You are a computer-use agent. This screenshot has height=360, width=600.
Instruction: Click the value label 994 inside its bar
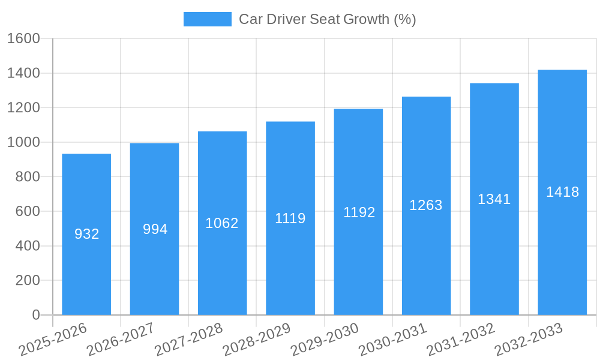155,229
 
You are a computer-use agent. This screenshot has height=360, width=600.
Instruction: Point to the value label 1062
222,223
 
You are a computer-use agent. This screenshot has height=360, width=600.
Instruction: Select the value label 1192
359,212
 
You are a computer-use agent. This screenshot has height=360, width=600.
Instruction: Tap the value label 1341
494,199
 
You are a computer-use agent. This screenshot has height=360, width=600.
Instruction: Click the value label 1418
562,192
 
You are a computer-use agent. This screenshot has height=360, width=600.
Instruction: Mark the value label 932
86,234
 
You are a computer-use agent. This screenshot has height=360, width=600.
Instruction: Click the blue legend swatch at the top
207,19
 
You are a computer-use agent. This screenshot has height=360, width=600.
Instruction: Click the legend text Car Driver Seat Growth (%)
327,19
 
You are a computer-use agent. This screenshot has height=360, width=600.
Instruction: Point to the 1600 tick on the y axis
23,38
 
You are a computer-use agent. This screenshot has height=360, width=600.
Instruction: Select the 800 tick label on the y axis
28,177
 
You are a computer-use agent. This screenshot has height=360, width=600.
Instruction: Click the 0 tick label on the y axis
35,315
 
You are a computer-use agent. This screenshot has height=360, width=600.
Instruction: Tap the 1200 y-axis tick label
23,108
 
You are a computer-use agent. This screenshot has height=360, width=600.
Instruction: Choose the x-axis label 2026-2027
121,340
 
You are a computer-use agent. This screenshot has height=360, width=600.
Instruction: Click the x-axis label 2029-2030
325,340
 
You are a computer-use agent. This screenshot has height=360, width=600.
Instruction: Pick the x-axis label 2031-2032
460,340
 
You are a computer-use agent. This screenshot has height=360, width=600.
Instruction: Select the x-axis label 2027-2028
188,340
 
